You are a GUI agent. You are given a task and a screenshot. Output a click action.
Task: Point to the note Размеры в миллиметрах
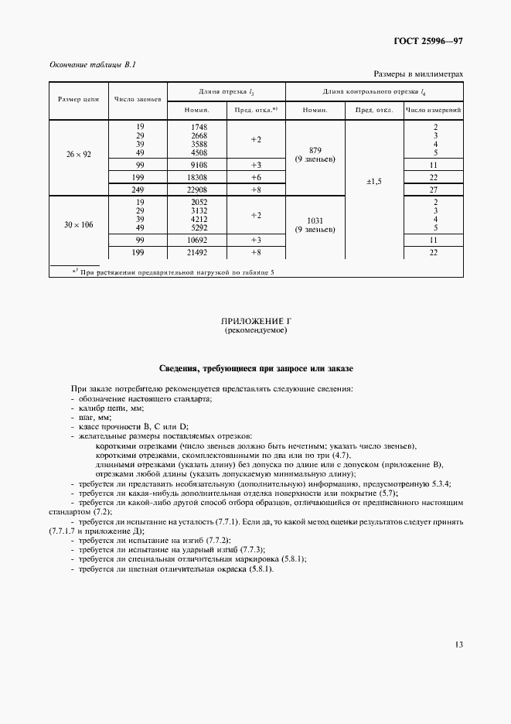418,74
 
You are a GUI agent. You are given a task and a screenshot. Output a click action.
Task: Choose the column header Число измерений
434,110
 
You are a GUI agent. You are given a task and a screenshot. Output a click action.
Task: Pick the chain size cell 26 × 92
78,155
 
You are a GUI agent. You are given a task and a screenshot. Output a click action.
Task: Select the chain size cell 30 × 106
78,224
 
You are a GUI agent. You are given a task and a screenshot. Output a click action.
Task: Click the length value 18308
199,177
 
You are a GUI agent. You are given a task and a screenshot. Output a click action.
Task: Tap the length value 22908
199,189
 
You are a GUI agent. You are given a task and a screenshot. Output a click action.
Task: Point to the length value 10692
199,241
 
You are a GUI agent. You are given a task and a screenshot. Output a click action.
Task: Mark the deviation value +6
256,177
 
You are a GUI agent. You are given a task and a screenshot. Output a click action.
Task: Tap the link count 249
141,189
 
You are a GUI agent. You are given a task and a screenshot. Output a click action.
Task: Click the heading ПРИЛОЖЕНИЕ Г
255,320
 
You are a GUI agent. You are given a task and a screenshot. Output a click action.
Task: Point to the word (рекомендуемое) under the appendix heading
255,330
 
